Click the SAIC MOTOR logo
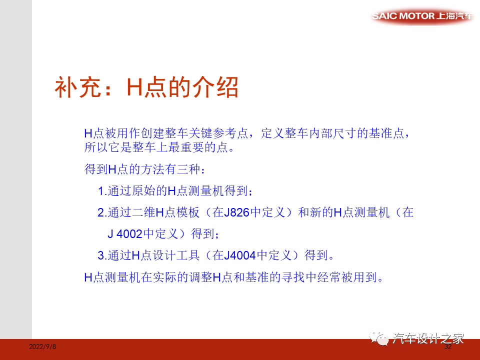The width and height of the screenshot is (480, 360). pyautogui.click(x=423, y=16)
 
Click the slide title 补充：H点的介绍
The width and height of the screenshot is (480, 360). pyautogui.click(x=146, y=87)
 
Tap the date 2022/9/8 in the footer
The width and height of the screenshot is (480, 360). pyautogui.click(x=42, y=346)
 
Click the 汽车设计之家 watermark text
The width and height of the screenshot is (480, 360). pyautogui.click(x=428, y=338)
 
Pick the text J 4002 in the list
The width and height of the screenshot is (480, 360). pyautogui.click(x=125, y=233)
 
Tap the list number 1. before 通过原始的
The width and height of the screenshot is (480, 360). pyautogui.click(x=102, y=191)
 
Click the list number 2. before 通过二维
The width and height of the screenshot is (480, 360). pyautogui.click(x=102, y=212)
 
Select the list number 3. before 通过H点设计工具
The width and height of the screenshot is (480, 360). pyautogui.click(x=102, y=255)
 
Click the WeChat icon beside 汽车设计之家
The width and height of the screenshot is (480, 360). pyautogui.click(x=382, y=338)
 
